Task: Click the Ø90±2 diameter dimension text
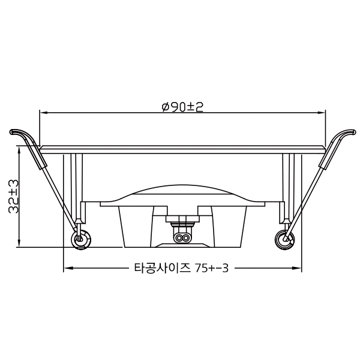pos(183,107)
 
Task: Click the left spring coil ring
pos(78,239)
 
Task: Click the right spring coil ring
pos(284,239)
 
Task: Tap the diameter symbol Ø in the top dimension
pos(165,107)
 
